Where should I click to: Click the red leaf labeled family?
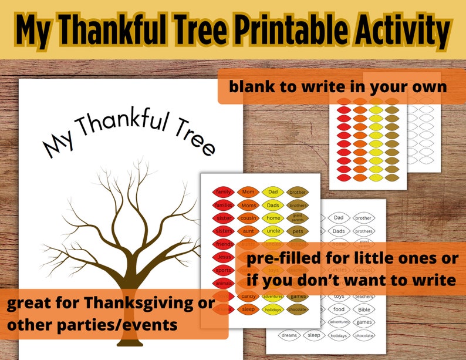coord(223,191)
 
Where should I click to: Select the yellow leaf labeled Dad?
coord(273,191)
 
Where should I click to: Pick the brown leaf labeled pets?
coord(298,231)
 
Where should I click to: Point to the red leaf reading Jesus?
coord(223,257)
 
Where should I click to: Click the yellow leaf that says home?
coord(273,218)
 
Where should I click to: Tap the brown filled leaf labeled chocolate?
coord(298,309)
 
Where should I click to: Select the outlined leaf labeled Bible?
coord(364,309)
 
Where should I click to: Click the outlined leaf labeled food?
coord(339,309)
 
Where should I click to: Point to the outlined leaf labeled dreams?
coord(289,335)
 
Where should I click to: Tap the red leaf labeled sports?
coord(223,270)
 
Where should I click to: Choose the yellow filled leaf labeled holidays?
coord(273,309)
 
